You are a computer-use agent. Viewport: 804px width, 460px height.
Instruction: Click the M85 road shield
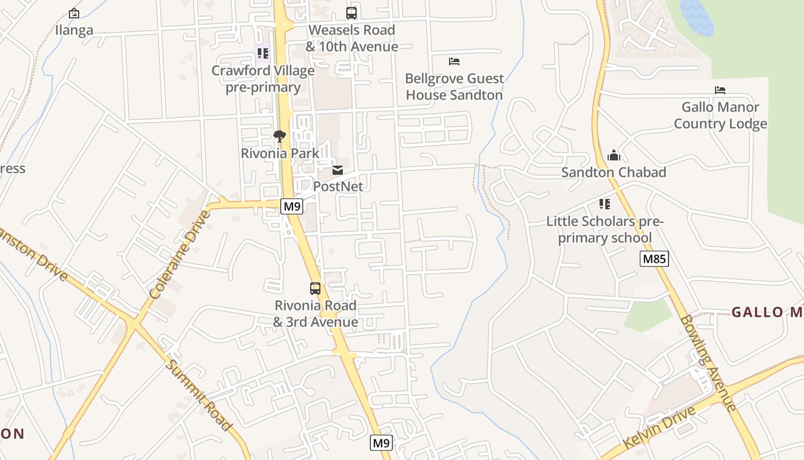[654, 259]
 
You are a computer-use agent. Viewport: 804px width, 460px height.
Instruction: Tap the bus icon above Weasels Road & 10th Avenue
[351, 13]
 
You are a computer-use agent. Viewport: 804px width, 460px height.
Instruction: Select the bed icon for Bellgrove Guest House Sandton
[454, 61]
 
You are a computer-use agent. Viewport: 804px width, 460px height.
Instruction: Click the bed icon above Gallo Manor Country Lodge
[720, 90]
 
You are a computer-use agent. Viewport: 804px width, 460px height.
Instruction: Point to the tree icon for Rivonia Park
[280, 136]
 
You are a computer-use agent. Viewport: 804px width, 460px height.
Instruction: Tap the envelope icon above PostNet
[338, 170]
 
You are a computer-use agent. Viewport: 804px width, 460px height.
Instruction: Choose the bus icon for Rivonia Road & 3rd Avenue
[315, 288]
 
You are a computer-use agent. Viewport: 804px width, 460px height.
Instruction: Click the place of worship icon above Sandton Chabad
[613, 155]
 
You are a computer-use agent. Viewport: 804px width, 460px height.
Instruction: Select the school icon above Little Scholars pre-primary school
[604, 204]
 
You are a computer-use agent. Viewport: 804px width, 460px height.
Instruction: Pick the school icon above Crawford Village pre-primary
[262, 53]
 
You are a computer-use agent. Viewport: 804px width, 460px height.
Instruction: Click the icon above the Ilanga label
[74, 13]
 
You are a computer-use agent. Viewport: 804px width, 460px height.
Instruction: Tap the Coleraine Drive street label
[179, 255]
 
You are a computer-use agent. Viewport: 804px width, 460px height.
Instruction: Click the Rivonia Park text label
[280, 154]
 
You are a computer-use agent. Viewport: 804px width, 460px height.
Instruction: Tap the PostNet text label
[338, 186]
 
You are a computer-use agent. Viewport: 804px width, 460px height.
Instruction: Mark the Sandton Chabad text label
[613, 172]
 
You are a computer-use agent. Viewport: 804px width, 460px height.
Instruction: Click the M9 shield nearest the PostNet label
[292, 206]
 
